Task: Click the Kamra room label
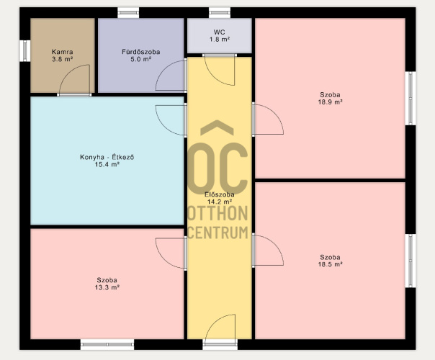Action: pyautogui.click(x=63, y=52)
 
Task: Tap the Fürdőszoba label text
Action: pyautogui.click(x=141, y=52)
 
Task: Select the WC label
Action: pyautogui.click(x=220, y=32)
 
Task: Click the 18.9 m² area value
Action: pyautogui.click(x=330, y=102)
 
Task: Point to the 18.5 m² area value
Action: pyautogui.click(x=330, y=264)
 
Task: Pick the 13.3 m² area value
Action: pyautogui.click(x=107, y=287)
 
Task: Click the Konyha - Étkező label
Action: pyautogui.click(x=107, y=157)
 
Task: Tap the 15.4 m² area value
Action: pyautogui.click(x=107, y=164)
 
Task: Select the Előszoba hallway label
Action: pyautogui.click(x=220, y=194)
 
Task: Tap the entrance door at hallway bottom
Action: pyautogui.click(x=220, y=328)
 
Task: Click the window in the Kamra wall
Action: pyautogui.click(x=25, y=50)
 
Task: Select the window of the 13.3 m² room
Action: pyautogui.click(x=107, y=344)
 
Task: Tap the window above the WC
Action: pyautogui.click(x=220, y=13)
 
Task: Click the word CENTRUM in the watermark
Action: pyautogui.click(x=218, y=233)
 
